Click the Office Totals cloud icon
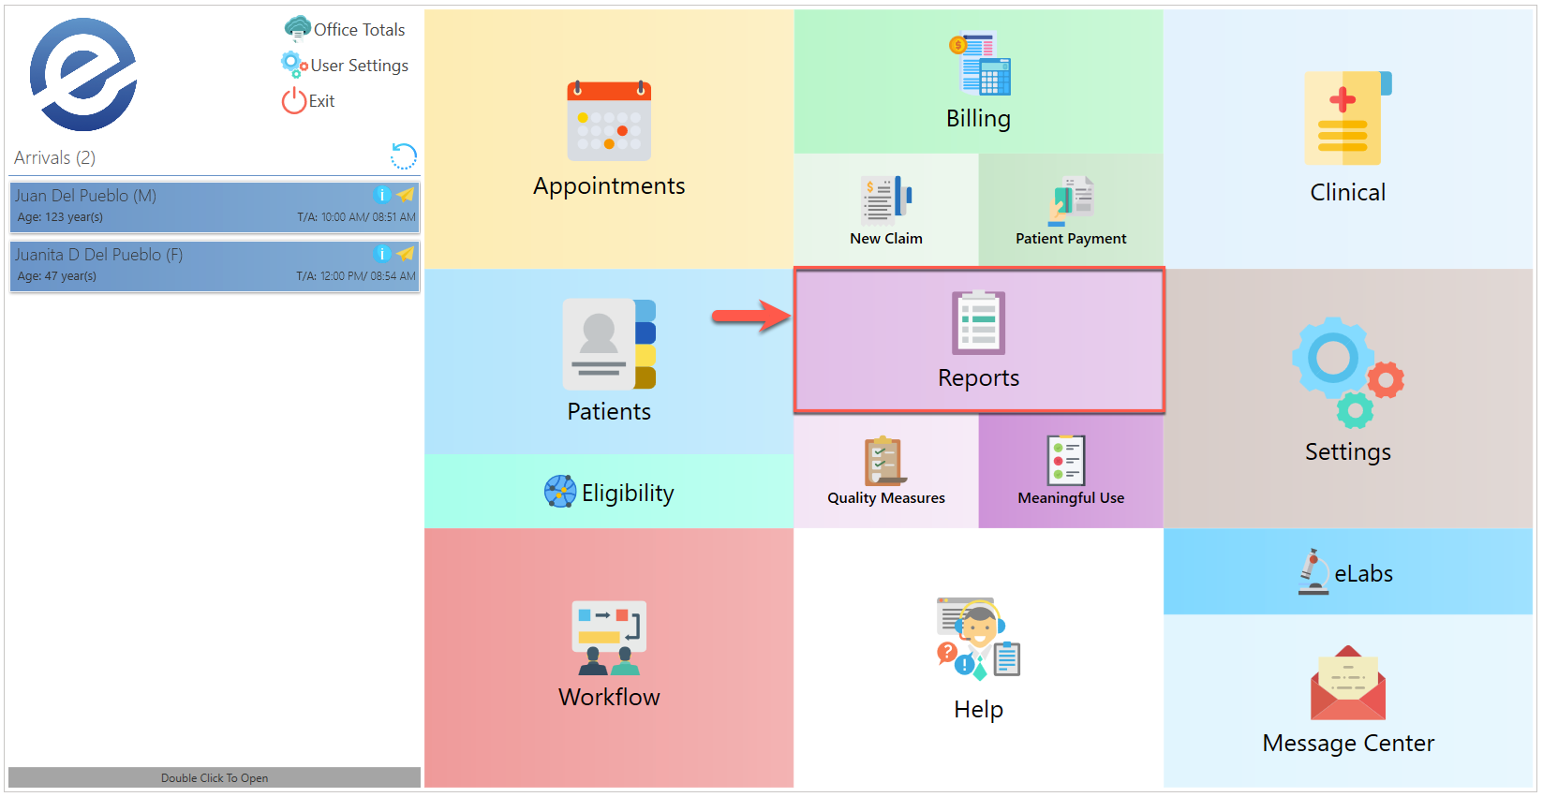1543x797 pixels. coord(297,28)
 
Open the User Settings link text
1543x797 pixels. coord(359,66)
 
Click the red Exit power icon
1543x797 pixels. coord(293,100)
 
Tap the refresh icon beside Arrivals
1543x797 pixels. coord(404,156)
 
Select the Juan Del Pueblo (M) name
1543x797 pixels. coord(85,196)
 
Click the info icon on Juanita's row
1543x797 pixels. coord(381,254)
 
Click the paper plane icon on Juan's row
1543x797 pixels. coord(406,195)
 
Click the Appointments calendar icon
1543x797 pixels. coord(609,121)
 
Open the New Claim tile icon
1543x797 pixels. coord(886,199)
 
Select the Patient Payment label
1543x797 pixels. coord(1071,239)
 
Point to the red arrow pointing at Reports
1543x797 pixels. coord(750,316)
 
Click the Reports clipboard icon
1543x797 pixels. coord(978,322)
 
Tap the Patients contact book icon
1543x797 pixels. coord(609,344)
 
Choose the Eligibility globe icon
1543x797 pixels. coord(560,492)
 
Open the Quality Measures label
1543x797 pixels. coord(886,498)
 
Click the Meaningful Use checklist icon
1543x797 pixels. coord(1066,461)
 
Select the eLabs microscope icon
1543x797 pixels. coord(1313,571)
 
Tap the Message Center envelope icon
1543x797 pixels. coord(1347,684)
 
